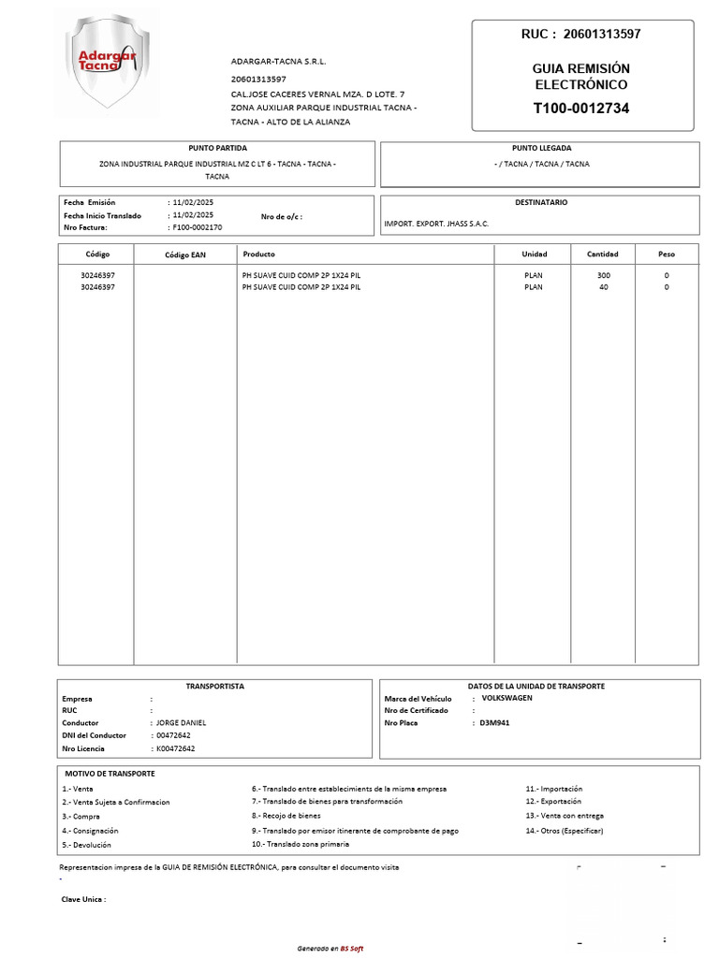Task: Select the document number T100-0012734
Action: pos(581,109)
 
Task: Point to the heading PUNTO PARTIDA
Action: pos(217,148)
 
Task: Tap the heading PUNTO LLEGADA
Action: pos(541,148)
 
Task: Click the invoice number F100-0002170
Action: pos(197,227)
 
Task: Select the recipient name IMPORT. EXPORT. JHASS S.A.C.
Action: pos(436,224)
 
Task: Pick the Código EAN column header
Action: pos(184,254)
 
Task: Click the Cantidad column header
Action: pos(602,254)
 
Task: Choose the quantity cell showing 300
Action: pos(603,275)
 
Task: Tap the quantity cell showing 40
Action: pos(603,287)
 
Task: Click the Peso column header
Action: pos(666,254)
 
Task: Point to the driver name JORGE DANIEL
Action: pos(181,723)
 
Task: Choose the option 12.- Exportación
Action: pos(553,802)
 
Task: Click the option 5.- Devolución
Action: pos(86,845)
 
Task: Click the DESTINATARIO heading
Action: pos(541,202)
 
